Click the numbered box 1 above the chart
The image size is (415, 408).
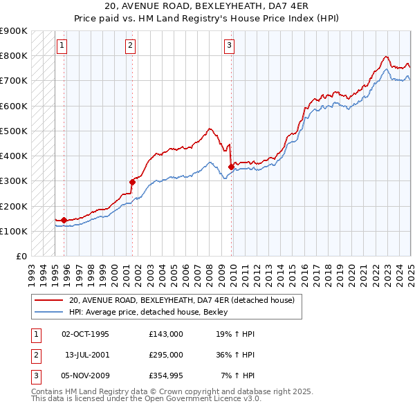click(x=62, y=46)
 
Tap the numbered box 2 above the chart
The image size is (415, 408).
click(x=130, y=46)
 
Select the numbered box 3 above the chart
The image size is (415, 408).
click(x=229, y=46)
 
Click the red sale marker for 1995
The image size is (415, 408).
click(x=64, y=220)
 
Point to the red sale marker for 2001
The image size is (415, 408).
click(x=132, y=182)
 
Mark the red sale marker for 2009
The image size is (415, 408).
click(x=231, y=167)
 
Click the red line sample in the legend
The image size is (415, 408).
click(x=49, y=300)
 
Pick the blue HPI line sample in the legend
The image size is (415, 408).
click(x=49, y=312)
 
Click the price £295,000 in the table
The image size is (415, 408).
click(x=165, y=355)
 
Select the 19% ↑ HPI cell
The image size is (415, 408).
click(x=235, y=334)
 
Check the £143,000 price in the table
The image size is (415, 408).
click(x=165, y=334)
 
